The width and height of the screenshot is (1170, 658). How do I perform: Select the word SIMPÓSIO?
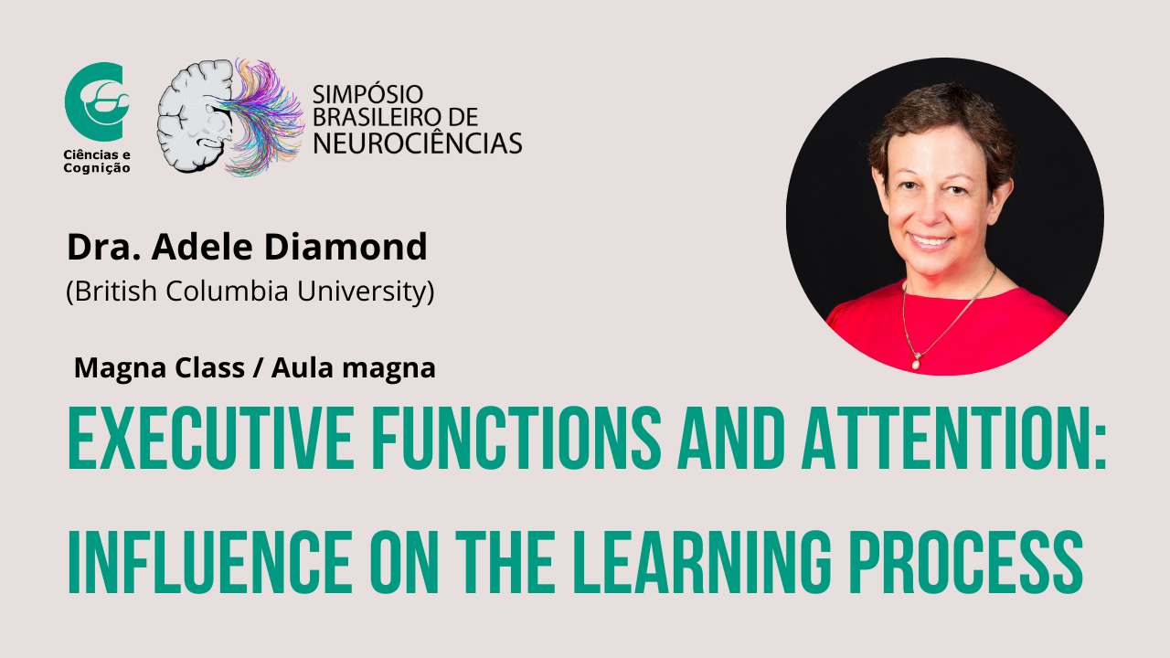[367, 94]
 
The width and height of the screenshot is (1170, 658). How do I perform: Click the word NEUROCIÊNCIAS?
[418, 143]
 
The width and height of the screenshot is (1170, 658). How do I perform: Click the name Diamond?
[346, 247]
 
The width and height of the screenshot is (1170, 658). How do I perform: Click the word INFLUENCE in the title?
[209, 562]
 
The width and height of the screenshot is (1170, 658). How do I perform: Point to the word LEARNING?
[701, 562]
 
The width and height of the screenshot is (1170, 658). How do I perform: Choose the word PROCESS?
[966, 562]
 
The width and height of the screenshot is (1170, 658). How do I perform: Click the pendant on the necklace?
[916, 361]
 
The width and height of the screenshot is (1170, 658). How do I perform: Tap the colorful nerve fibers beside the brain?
[264, 117]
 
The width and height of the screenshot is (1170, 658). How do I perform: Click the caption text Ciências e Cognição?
[97, 162]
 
